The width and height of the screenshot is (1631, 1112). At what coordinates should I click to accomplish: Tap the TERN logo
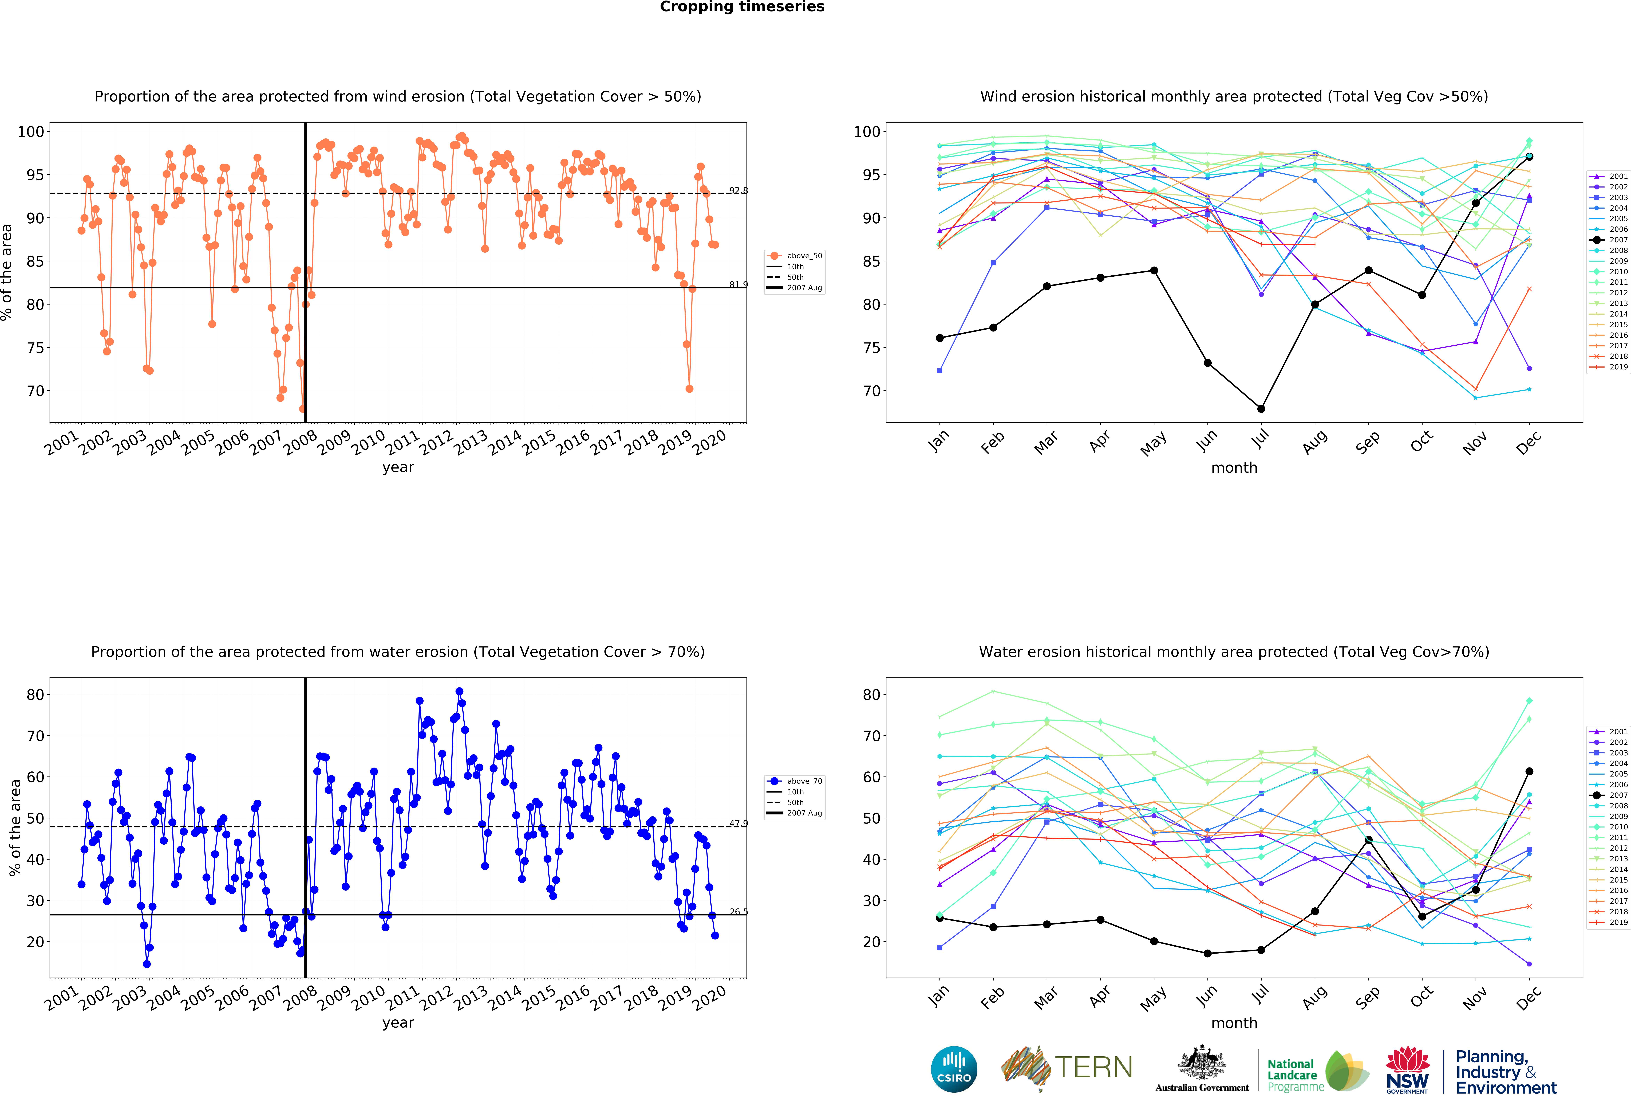coord(1067,1068)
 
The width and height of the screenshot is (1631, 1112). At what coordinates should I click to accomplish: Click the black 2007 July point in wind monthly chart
coord(1261,409)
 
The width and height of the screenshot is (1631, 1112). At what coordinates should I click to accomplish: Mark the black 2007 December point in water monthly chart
coord(1529,771)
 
